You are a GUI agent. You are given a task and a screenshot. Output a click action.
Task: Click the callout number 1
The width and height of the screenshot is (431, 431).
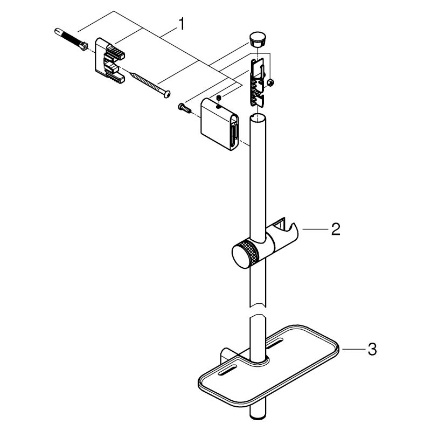(182, 24)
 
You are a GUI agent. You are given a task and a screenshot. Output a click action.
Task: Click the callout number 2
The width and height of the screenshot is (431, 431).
(336, 229)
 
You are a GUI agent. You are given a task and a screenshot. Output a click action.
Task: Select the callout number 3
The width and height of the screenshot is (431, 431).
(372, 349)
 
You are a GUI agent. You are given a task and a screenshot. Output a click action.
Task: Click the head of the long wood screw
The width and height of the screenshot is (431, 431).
(166, 94)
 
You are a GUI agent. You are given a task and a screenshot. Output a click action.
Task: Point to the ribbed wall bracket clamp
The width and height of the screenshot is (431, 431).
(110, 60)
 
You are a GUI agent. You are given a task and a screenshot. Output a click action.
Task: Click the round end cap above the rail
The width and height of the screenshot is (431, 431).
(258, 39)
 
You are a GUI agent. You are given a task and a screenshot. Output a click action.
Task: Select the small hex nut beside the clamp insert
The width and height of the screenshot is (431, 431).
(270, 82)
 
